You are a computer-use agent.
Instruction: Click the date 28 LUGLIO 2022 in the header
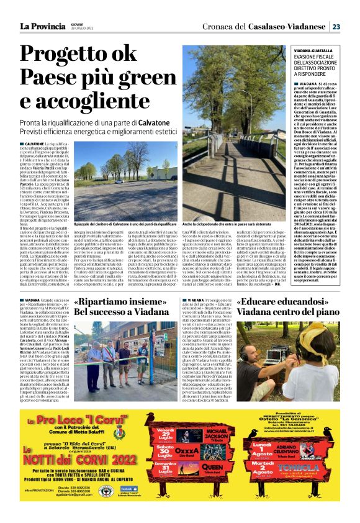coord(83,29)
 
